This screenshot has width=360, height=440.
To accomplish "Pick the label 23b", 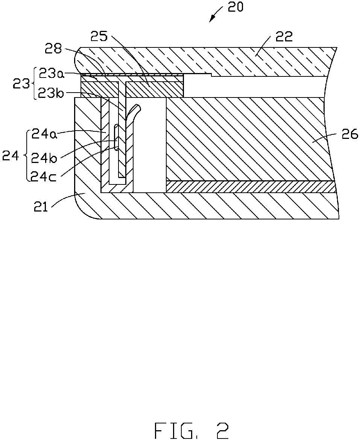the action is pos(51,93).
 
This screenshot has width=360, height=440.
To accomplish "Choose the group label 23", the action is pos(21,83).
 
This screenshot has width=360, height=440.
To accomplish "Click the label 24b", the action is pos(44,158).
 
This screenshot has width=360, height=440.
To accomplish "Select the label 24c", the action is pos(44,177).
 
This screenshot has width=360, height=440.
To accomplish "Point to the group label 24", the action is pos(11,155).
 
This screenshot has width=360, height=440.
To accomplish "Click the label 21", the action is pos(41,208).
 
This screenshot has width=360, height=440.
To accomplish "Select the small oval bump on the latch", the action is pos(116,138).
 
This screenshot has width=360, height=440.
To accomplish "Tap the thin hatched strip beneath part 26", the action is pos(251,187).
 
